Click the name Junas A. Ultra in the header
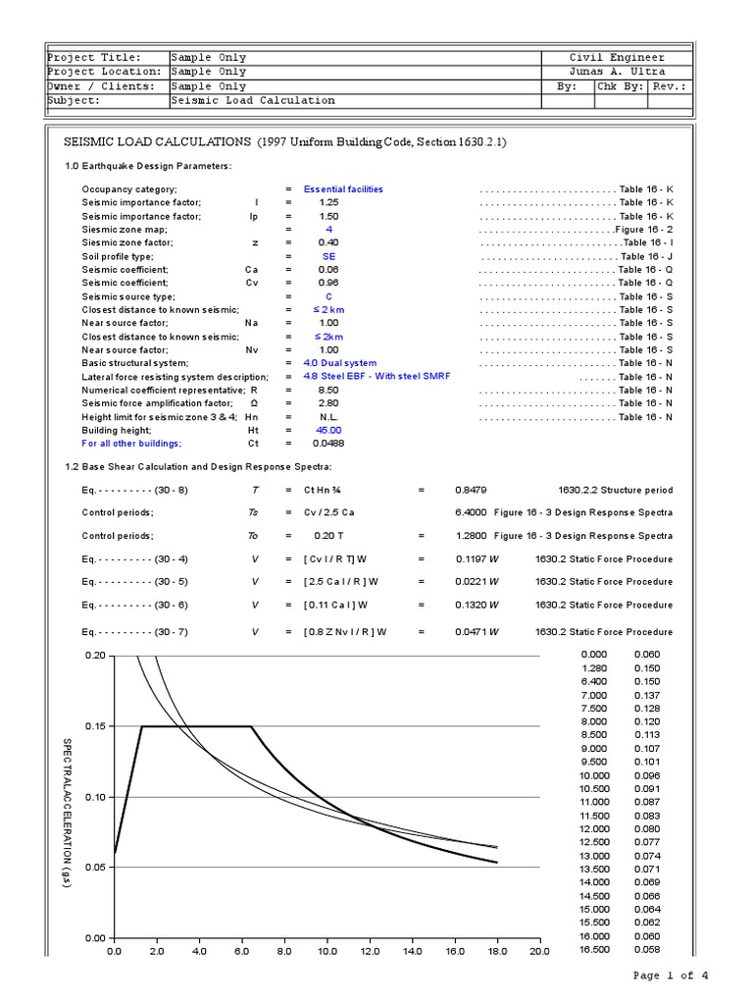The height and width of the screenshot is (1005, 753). [617, 72]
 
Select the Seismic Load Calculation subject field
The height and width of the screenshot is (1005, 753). [253, 100]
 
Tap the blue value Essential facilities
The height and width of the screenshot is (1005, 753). [343, 188]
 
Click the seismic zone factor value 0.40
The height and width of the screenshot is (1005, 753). [328, 242]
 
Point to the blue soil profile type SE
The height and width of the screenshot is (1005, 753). [329, 256]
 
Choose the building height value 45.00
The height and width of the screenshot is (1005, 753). [328, 430]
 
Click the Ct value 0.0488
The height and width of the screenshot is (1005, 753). [328, 444]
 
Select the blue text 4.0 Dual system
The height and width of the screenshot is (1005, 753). [339, 363]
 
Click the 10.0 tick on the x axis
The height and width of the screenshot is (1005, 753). [326, 951]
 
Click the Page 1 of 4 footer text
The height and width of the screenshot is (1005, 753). [670, 975]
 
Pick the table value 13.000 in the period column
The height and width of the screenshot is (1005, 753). [594, 856]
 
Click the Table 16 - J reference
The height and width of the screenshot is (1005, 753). [646, 256]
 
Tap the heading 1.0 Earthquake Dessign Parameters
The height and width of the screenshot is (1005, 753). [148, 166]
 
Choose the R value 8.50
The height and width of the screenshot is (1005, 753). [328, 390]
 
